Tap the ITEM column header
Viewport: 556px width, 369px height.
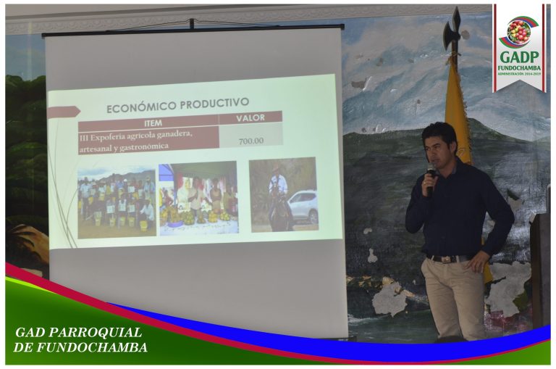coord(153,122)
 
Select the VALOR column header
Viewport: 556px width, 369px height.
coord(250,117)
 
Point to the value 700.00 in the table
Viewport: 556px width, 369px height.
coord(250,141)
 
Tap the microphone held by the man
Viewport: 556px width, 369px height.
coord(431,175)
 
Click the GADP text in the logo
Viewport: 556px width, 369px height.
coord(518,57)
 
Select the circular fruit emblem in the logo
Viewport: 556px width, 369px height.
coord(518,31)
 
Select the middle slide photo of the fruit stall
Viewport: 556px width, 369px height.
coord(198,199)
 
